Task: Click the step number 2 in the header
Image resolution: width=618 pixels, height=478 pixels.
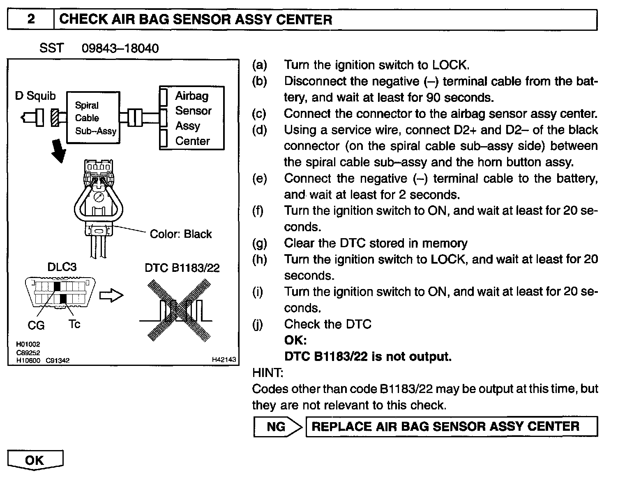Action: tap(31, 19)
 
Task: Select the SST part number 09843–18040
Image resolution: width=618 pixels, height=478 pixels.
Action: tap(120, 48)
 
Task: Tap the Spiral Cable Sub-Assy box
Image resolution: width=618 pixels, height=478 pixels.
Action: tap(94, 118)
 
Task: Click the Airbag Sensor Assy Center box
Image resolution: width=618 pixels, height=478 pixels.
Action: tap(192, 118)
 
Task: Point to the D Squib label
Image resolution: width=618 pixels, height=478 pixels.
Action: tap(35, 96)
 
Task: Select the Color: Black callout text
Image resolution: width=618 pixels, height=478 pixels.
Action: tap(181, 234)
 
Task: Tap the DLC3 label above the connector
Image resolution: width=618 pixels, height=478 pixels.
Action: tap(62, 267)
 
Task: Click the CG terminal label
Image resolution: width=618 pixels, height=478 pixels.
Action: tap(36, 326)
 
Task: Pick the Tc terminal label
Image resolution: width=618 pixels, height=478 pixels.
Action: tap(74, 324)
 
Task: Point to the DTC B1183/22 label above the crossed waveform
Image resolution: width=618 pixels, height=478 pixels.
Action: tap(182, 268)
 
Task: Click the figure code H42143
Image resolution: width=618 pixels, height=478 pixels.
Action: tap(224, 360)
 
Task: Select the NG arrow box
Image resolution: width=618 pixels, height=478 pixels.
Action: tap(278, 427)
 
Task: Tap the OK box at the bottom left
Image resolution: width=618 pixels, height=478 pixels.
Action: tap(35, 460)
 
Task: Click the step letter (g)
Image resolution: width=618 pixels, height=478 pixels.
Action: tap(259, 244)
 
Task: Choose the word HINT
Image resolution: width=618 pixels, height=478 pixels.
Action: tap(267, 373)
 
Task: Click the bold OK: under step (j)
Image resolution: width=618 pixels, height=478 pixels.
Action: tap(295, 340)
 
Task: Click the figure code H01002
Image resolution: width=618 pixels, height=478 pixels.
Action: tap(28, 345)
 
